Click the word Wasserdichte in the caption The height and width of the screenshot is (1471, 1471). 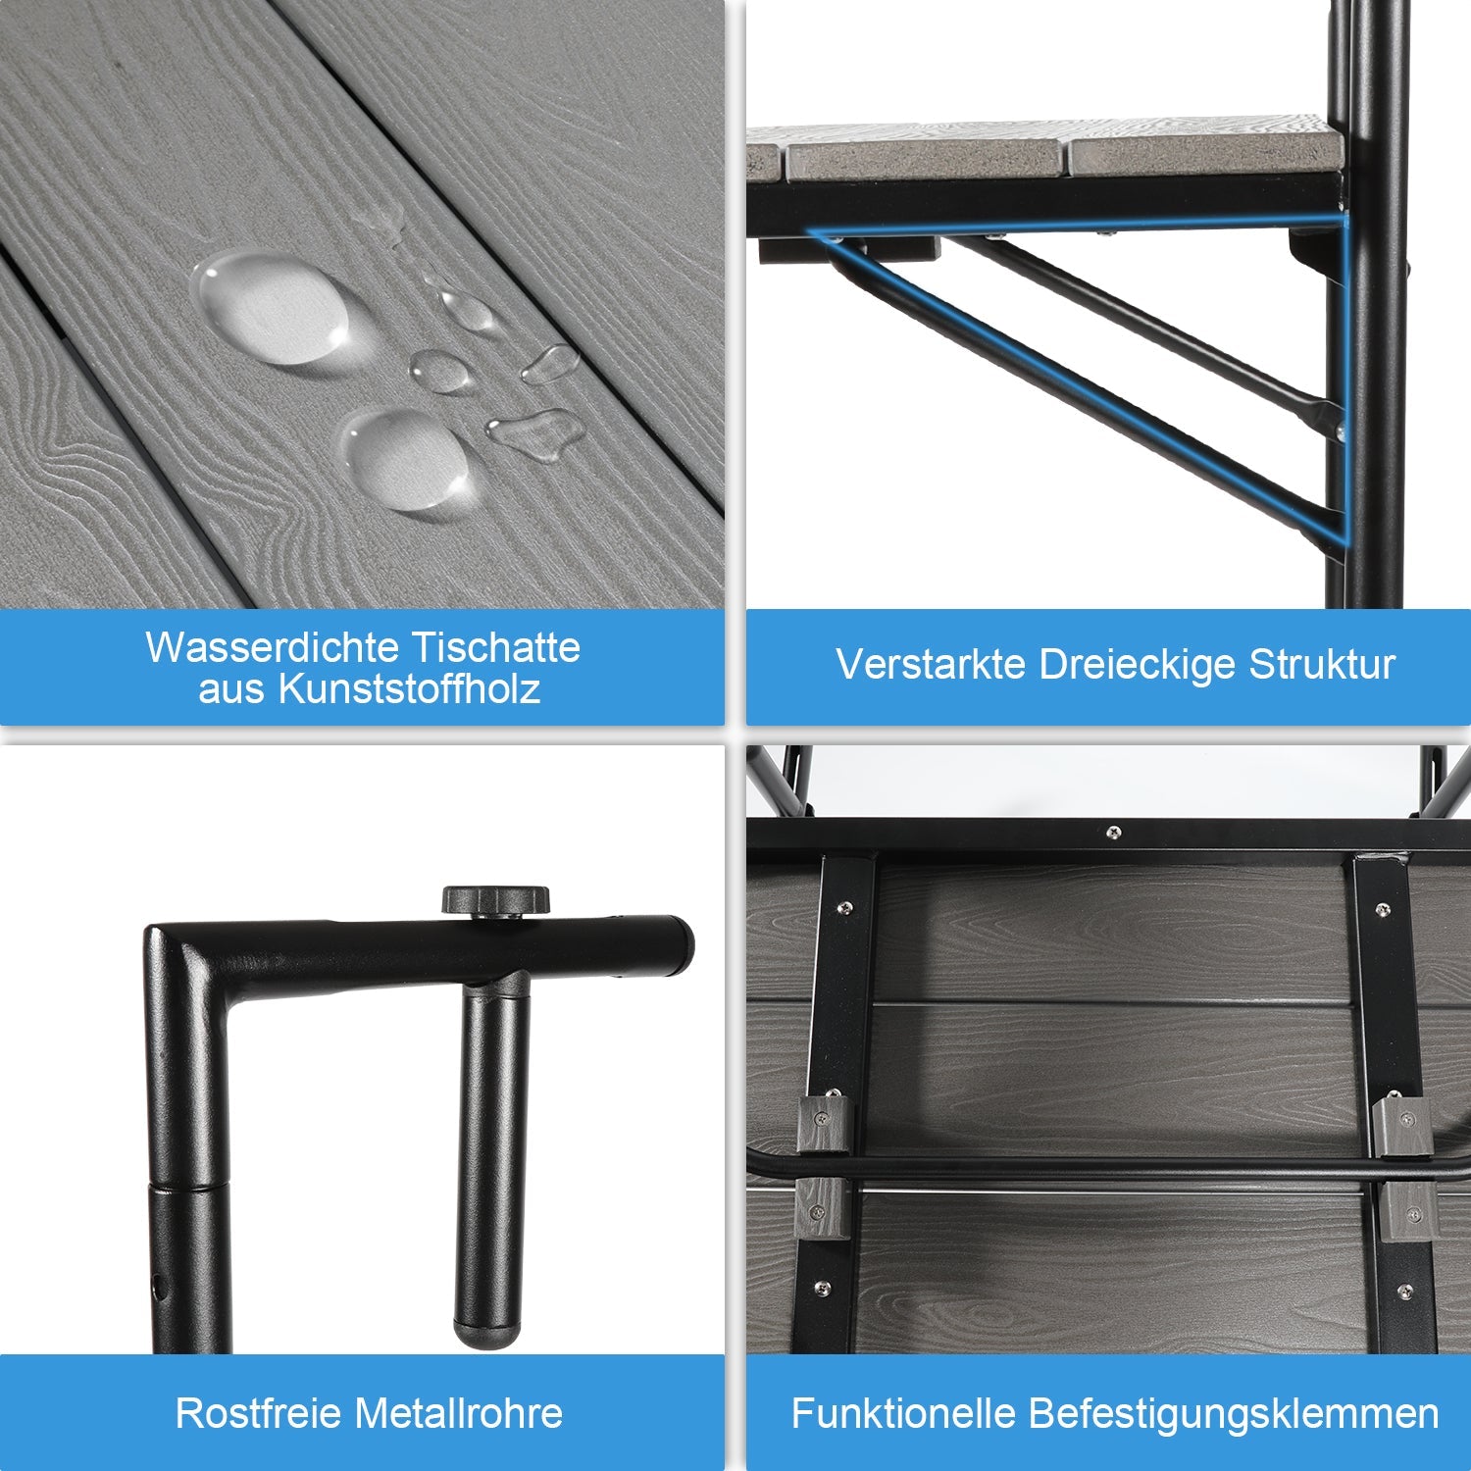pos(272,647)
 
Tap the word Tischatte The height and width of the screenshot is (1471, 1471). pos(496,647)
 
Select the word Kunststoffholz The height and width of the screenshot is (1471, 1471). pos(409,688)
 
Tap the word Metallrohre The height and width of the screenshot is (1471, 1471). pos(459,1413)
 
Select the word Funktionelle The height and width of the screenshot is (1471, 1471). pos(903,1413)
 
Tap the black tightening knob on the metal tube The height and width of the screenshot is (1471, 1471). pos(495,900)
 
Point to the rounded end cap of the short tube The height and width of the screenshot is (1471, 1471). pos(487,1334)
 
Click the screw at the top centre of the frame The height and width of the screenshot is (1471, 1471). pos(1112,833)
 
